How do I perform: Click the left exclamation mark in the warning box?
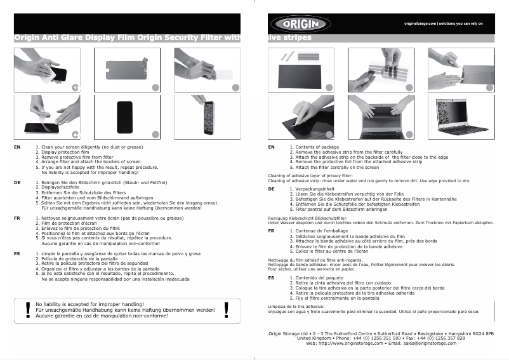[27, 309]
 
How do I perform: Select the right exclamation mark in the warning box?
[227, 309]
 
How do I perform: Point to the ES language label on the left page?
[17, 253]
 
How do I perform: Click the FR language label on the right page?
[271, 230]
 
